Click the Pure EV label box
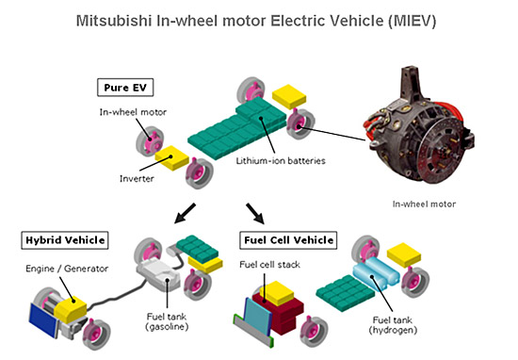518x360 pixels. pyautogui.click(x=125, y=88)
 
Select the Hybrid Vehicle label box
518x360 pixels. pyautogui.click(x=65, y=240)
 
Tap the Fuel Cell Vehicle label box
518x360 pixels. pyautogui.click(x=288, y=240)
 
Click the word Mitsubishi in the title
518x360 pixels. pyautogui.click(x=114, y=21)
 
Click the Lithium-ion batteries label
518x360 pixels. pyautogui.click(x=281, y=161)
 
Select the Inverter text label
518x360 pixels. pyautogui.click(x=137, y=179)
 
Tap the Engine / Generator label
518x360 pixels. pyautogui.click(x=67, y=269)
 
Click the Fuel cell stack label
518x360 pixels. pyautogui.click(x=269, y=265)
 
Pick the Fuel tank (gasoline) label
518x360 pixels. pyautogui.click(x=167, y=321)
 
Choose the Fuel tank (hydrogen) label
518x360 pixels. pyautogui.click(x=393, y=325)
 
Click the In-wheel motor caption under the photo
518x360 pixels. pyautogui.click(x=424, y=204)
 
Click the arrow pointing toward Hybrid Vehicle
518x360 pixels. pyautogui.click(x=185, y=213)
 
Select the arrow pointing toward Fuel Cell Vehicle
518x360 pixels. pyautogui.click(x=255, y=214)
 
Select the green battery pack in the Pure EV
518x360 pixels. pyautogui.click(x=237, y=127)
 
